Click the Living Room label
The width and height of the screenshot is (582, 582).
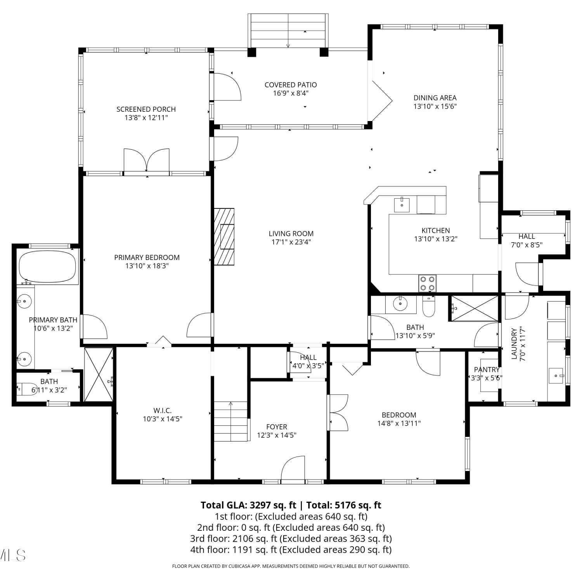pyautogui.click(x=291, y=234)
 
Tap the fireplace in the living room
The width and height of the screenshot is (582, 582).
pyautogui.click(x=224, y=237)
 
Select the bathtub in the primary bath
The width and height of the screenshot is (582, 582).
pyautogui.click(x=47, y=267)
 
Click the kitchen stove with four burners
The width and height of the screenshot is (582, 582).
pyautogui.click(x=427, y=283)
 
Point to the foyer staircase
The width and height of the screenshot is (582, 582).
pyautogui.click(x=231, y=421)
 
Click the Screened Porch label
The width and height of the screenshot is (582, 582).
pyautogui.click(x=146, y=109)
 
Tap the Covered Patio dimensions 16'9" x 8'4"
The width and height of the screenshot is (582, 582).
pyautogui.click(x=291, y=93)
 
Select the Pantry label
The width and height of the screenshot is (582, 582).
pyautogui.click(x=487, y=370)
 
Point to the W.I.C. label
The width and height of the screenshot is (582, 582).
pyautogui.click(x=163, y=411)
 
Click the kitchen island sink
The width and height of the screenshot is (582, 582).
pyautogui.click(x=402, y=204)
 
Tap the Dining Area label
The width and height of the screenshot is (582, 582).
pyautogui.click(x=435, y=98)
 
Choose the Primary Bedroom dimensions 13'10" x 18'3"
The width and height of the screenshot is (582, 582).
pyautogui.click(x=147, y=266)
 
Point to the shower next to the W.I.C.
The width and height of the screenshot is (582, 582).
pyautogui.click(x=99, y=374)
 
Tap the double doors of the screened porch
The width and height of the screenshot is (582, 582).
pyautogui.click(x=147, y=160)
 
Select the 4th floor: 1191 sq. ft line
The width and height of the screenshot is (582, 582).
pyautogui.click(x=291, y=550)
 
